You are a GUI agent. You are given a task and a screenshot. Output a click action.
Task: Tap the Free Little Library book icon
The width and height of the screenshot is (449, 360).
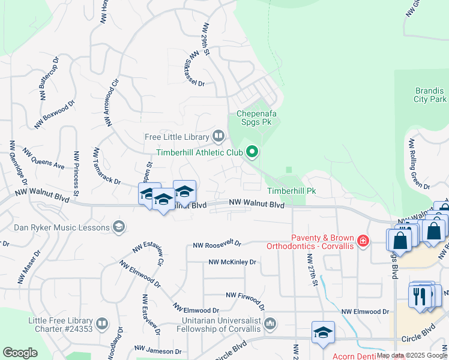point(218,137)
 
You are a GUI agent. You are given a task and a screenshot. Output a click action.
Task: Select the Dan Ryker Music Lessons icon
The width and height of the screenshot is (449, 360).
point(119,227)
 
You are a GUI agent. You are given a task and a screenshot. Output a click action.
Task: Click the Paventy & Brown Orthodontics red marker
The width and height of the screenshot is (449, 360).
point(363,241)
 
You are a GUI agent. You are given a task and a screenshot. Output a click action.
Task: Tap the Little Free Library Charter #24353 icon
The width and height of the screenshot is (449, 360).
point(102,325)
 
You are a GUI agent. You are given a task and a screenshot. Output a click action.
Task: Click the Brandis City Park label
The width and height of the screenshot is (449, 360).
point(431,95)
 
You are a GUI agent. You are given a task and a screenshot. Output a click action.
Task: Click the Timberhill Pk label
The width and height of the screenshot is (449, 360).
point(291,191)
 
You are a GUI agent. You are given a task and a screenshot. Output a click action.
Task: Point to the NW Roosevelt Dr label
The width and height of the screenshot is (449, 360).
point(217,244)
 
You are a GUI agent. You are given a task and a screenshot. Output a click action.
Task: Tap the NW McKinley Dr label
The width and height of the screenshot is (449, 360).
point(232,262)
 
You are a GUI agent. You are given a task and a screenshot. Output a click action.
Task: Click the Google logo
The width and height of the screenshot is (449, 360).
point(20,353)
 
